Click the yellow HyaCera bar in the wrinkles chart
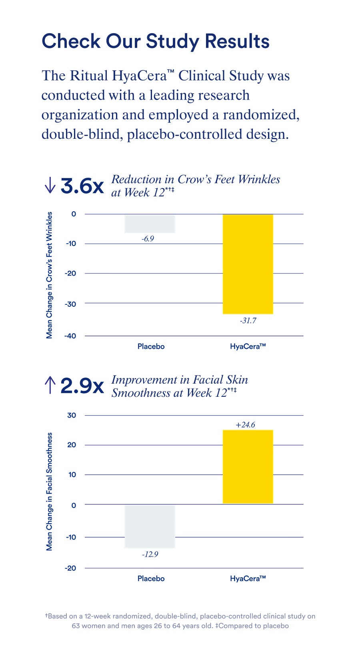(x=248, y=264)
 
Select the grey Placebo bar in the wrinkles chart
(x=150, y=224)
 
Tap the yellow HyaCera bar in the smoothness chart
(x=248, y=466)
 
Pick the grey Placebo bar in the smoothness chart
(x=150, y=526)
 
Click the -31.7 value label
(x=248, y=321)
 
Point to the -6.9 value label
(x=148, y=239)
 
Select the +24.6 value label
(x=245, y=425)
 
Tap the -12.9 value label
(x=150, y=554)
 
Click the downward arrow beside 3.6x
(x=50, y=185)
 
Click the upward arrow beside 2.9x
(x=50, y=385)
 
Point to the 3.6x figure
(x=82, y=186)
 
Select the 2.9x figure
(x=82, y=386)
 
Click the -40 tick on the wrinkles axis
(x=70, y=336)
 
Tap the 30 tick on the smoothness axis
(x=72, y=415)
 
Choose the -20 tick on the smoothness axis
(x=70, y=568)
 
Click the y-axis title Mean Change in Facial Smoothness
(x=49, y=491)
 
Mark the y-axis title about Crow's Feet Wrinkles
(x=49, y=275)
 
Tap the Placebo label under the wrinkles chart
(x=151, y=346)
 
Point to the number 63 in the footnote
(x=76, y=626)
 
